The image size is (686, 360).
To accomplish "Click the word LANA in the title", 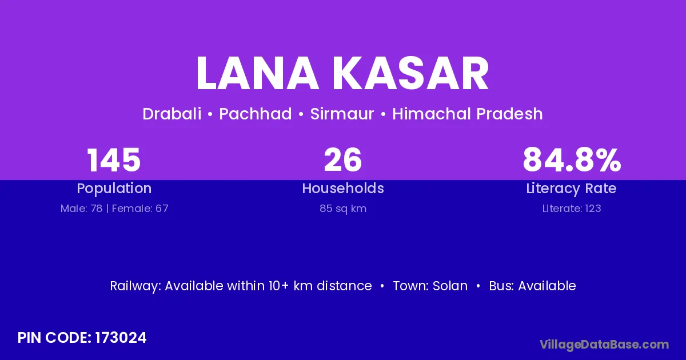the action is pyautogui.click(x=258, y=73).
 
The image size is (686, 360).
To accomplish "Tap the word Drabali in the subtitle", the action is pyautogui.click(x=172, y=114).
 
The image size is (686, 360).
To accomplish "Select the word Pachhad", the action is pyautogui.click(x=256, y=114).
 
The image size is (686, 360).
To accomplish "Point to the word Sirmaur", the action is pyautogui.click(x=342, y=114).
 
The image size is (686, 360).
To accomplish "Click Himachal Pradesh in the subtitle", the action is pyautogui.click(x=468, y=114).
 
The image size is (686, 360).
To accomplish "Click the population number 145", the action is pyautogui.click(x=114, y=160).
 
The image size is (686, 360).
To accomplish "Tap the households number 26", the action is pyautogui.click(x=343, y=160).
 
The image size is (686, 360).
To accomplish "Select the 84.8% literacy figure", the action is pyautogui.click(x=572, y=160).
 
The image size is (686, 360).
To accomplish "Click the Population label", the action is pyautogui.click(x=114, y=189).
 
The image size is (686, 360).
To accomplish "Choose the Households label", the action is pyautogui.click(x=343, y=188).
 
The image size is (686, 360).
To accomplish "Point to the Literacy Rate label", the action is pyautogui.click(x=571, y=189).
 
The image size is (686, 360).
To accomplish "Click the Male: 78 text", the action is pyautogui.click(x=81, y=209).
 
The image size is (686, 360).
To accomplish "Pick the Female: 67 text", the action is pyautogui.click(x=140, y=209).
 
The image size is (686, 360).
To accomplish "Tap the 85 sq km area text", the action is pyautogui.click(x=343, y=209).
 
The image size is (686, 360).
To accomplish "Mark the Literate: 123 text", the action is pyautogui.click(x=572, y=209).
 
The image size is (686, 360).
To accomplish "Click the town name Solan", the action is pyautogui.click(x=450, y=286).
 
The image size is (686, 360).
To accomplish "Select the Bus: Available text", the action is pyautogui.click(x=532, y=286).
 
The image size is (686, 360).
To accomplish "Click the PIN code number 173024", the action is pyautogui.click(x=121, y=338).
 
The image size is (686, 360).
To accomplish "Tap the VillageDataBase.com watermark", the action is pyautogui.click(x=604, y=345).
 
